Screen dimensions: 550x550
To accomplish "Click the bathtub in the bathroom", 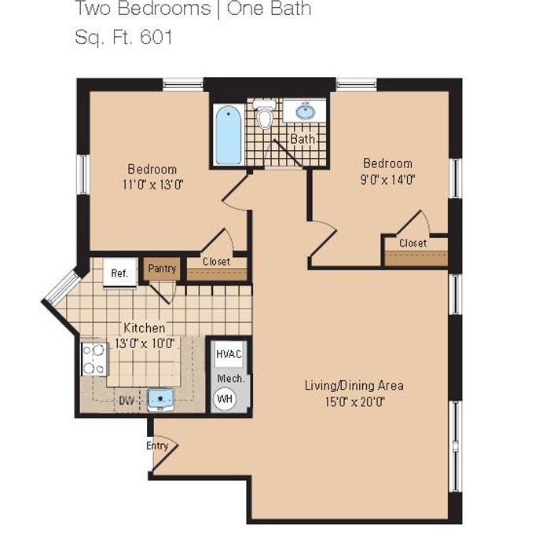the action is pos(229,135).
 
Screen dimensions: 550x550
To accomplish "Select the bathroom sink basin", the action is pos(306,112).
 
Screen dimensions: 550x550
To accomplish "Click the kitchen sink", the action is pos(160,400).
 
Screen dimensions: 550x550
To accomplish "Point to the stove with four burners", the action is pos(94,359).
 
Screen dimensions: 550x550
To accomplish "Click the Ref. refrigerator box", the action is pos(120,273).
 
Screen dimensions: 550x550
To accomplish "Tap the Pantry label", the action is pos(162,269).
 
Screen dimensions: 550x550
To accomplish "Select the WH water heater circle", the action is pos(225,399).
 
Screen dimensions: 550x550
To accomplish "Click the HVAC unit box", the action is pos(229,354).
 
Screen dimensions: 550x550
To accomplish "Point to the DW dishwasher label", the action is pos(126,401).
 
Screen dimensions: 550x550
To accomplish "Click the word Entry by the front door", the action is pos(157,445).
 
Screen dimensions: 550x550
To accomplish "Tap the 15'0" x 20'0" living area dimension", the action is pos(354,401).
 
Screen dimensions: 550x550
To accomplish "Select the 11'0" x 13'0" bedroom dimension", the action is pos(153,185).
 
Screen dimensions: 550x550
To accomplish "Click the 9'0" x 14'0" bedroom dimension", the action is pos(387,180).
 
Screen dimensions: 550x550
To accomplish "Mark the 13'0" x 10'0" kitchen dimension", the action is pos(145,343).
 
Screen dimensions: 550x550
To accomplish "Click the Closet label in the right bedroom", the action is pos(412,243).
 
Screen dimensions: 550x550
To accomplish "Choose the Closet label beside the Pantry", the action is pos(216,262).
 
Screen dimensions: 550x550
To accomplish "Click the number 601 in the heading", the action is pos(156,37).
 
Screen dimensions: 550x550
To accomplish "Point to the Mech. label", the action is pos(231,379).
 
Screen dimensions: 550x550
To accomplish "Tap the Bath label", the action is pos(302,139).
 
